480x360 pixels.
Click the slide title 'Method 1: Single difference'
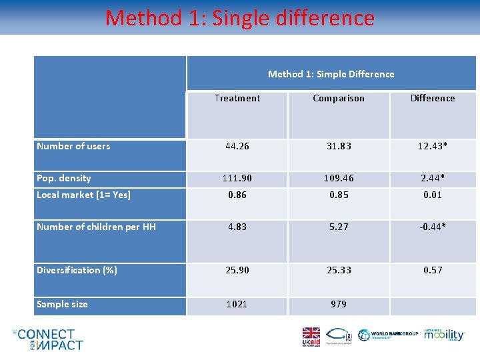(x=239, y=18)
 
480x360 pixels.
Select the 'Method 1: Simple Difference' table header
(x=331, y=74)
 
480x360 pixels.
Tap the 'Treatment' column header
(x=237, y=98)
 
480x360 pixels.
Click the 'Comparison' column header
(x=339, y=98)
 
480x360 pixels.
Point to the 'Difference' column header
(x=433, y=98)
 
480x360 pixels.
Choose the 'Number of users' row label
(x=73, y=146)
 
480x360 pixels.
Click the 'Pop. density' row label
(x=64, y=178)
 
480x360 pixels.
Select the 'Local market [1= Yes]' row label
(x=83, y=195)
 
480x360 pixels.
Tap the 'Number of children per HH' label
(x=96, y=227)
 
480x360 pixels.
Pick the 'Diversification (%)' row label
(x=77, y=270)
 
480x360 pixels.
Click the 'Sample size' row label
(x=62, y=304)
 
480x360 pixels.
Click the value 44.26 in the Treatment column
(x=237, y=146)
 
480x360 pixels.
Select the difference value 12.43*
(x=433, y=146)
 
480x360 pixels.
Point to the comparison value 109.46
(x=339, y=179)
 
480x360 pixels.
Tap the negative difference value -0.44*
(x=433, y=227)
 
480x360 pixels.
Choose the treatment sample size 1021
(x=237, y=304)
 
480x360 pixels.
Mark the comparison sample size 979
(x=339, y=304)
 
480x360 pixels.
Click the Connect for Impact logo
(x=48, y=339)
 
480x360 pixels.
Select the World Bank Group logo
(x=389, y=335)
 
